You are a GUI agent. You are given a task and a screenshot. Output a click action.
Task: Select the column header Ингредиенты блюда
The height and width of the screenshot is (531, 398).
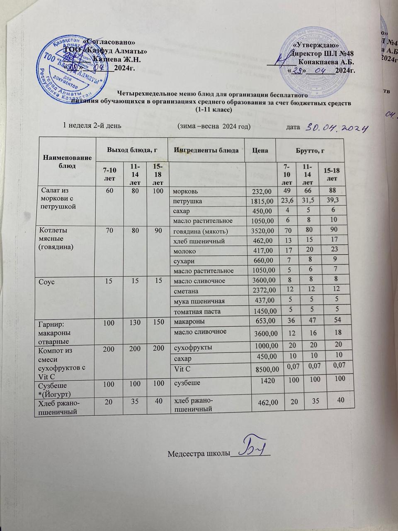tap(206, 150)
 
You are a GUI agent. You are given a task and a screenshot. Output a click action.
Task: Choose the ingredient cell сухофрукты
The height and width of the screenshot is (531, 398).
tap(193, 347)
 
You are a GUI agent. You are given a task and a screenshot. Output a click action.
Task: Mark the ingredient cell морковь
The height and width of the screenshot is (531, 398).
tap(185, 191)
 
